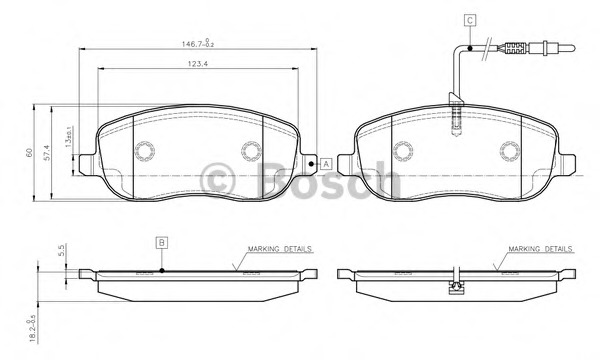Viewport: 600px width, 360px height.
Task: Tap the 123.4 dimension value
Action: click(x=197, y=64)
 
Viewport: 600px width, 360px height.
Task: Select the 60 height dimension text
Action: click(x=29, y=153)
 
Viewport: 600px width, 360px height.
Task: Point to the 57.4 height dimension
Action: click(x=47, y=153)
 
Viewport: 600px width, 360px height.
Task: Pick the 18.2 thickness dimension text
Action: click(x=32, y=328)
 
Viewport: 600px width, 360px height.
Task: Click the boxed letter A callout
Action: click(x=326, y=164)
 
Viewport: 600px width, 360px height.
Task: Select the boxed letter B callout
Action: click(x=161, y=242)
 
